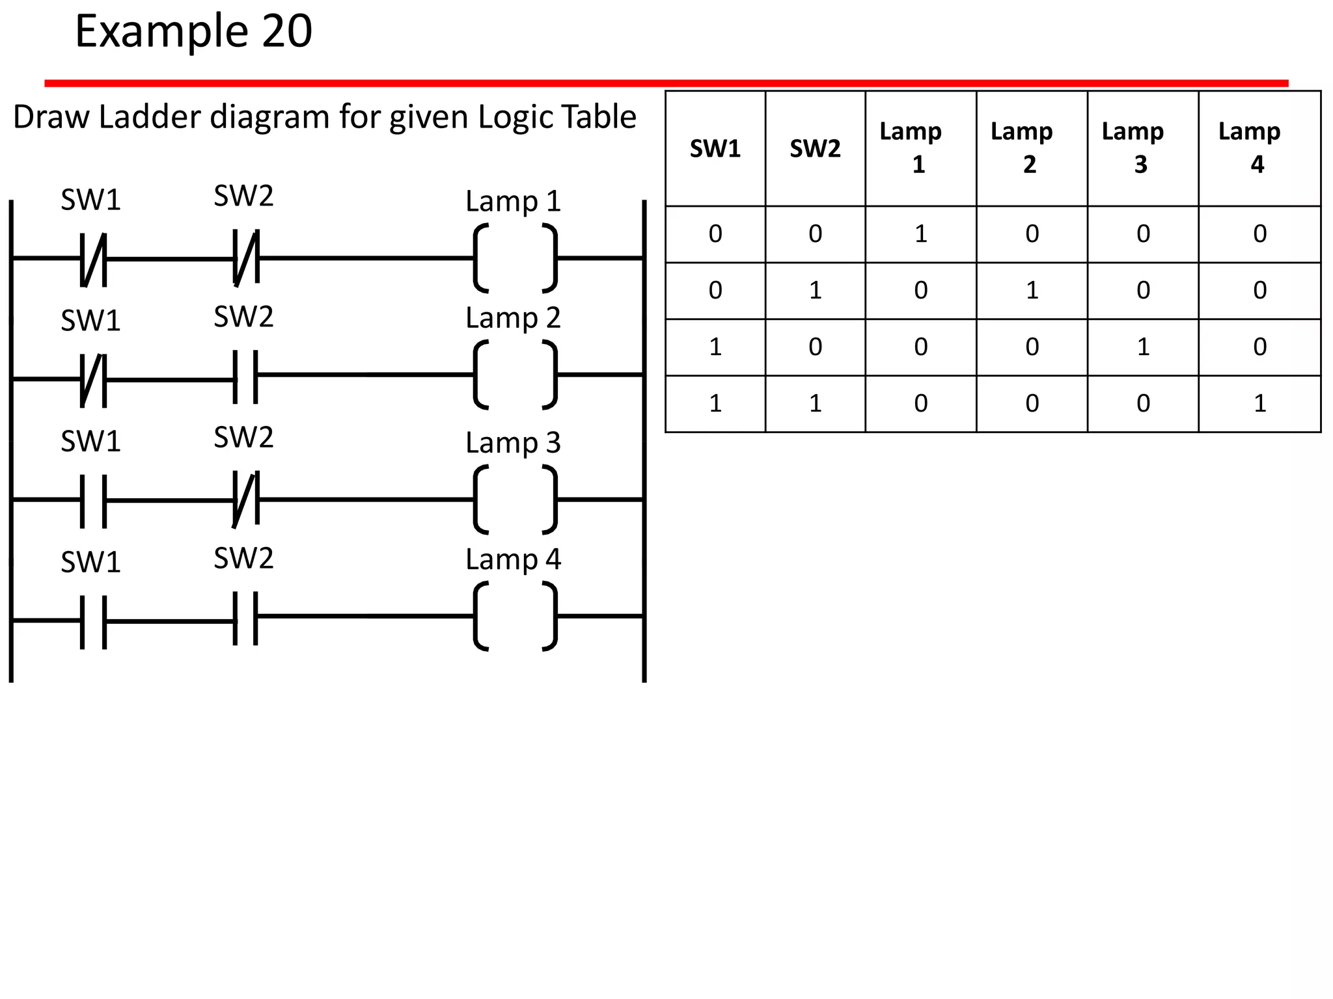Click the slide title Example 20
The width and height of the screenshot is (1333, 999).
[193, 31]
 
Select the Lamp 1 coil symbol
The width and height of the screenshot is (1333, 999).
[515, 258]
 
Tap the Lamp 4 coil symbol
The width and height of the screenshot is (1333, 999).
[515, 616]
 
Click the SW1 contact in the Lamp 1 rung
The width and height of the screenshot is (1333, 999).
[93, 259]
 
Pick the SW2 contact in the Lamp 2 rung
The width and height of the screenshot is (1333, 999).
[245, 377]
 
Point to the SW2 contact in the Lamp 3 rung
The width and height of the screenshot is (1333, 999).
[245, 499]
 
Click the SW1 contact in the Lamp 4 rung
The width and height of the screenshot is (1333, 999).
[93, 621]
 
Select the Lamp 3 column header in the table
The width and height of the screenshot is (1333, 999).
[1142, 148]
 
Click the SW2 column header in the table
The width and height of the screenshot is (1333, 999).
[815, 149]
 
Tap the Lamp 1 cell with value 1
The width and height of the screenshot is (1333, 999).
[920, 234]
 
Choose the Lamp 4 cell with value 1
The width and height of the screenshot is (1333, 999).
[1259, 404]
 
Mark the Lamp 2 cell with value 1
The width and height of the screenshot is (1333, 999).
[1032, 291]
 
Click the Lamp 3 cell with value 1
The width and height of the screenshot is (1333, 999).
[1142, 347]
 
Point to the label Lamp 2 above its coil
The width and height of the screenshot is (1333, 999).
[513, 318]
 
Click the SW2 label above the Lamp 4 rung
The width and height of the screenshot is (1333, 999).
[243, 558]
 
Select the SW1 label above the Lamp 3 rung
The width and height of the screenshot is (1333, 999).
[90, 442]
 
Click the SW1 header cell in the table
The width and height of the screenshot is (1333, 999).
[715, 149]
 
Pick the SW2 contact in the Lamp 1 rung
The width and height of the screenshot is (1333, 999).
[245, 258]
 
